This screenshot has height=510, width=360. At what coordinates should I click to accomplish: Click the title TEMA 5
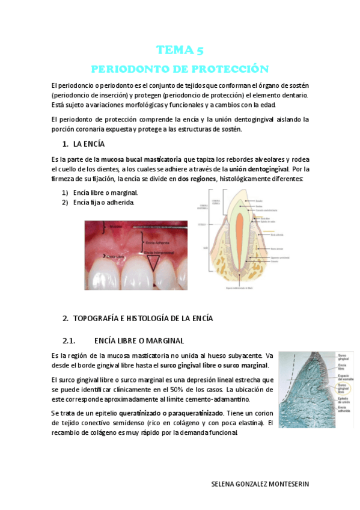(x=180, y=50)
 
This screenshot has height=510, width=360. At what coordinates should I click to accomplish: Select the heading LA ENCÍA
(x=89, y=144)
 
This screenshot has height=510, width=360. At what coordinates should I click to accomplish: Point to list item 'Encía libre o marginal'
(x=106, y=192)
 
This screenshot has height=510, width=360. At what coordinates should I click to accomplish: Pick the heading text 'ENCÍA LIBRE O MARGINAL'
(x=139, y=340)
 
